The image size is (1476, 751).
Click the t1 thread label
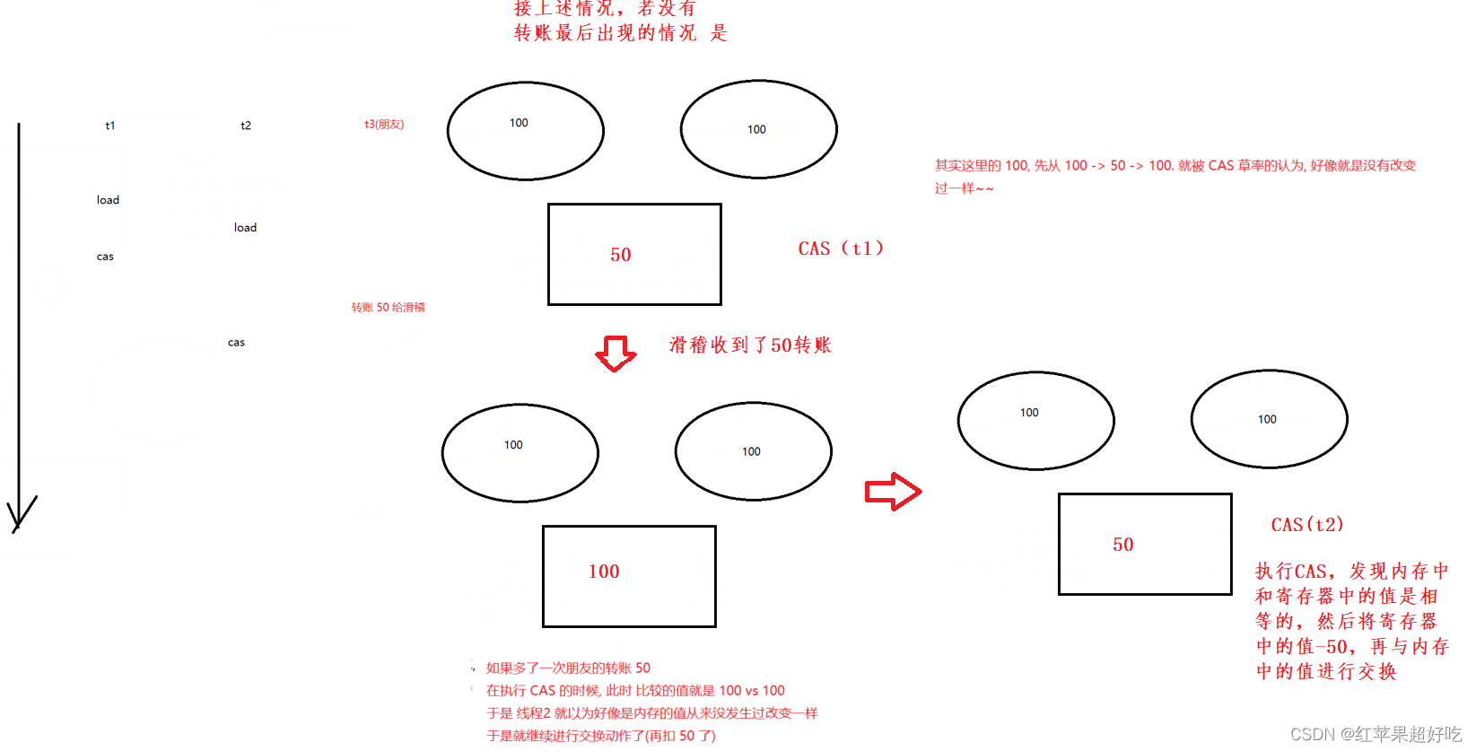pyautogui.click(x=109, y=126)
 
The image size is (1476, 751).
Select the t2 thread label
pyautogui.click(x=246, y=126)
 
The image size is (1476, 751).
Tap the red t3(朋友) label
pyautogui.click(x=384, y=125)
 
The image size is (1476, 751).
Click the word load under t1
pyautogui.click(x=108, y=200)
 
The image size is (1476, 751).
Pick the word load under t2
pyautogui.click(x=245, y=228)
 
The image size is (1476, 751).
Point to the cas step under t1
pyautogui.click(x=105, y=257)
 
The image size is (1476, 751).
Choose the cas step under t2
pyautogui.click(x=236, y=343)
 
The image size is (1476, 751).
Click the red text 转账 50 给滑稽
pyautogui.click(x=388, y=308)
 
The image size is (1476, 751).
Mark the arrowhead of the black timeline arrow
pyautogui.click(x=19, y=516)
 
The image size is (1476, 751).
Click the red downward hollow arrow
pyautogui.click(x=616, y=354)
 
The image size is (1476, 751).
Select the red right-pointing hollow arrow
pyautogui.click(x=893, y=492)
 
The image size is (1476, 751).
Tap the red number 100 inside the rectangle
pyautogui.click(x=604, y=572)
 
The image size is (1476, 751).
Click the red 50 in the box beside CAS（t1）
pyautogui.click(x=621, y=255)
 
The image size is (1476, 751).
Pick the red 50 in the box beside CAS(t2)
pyautogui.click(x=1123, y=545)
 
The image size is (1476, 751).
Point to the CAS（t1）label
pyautogui.click(x=841, y=249)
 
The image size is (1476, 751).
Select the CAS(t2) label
pyautogui.click(x=1307, y=525)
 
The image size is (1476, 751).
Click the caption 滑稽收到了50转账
pyautogui.click(x=750, y=345)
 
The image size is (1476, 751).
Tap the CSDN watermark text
pyautogui.click(x=1376, y=734)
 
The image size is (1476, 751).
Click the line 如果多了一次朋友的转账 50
pyautogui.click(x=568, y=668)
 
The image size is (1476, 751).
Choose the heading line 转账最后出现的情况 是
pyautogui.click(x=620, y=33)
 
